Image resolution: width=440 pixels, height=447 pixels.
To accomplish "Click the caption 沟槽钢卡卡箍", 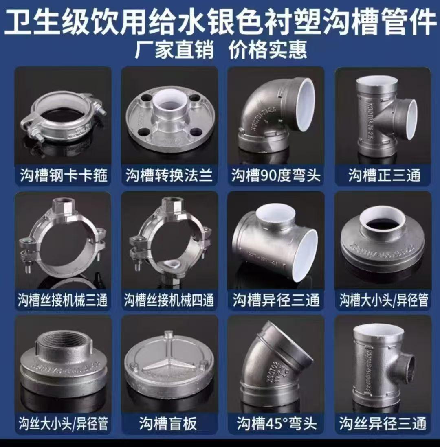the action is pos(64,175).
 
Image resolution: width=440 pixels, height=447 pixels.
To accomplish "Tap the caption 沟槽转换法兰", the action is pos(169,175).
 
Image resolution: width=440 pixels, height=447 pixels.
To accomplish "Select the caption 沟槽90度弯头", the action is pos(276,175).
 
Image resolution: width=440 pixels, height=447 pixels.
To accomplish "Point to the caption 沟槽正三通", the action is pos(384,175).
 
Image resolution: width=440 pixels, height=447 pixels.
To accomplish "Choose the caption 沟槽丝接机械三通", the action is pos(62,300).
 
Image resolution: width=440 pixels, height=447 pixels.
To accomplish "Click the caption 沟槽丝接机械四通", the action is pos(169,300).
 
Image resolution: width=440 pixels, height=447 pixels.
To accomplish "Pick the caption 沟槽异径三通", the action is pos(276,300).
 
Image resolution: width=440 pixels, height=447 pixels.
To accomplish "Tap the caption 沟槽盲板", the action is pos(168,423).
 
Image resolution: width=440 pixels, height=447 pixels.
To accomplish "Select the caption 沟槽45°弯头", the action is pos(277,423).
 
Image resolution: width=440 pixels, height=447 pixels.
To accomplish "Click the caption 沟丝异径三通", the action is pos(383,423).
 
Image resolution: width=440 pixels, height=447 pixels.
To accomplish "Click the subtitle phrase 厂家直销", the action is pos(174,49).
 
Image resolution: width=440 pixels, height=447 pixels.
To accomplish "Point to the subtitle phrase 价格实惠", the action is pos(268,49).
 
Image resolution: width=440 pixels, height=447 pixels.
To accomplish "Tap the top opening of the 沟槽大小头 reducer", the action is pos(383,222).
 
